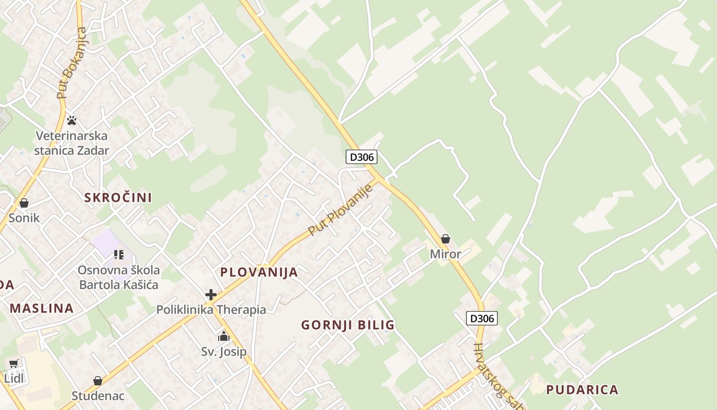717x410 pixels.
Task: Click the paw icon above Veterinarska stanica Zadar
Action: coord(72,120)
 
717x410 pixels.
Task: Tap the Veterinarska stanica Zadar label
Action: coord(72,143)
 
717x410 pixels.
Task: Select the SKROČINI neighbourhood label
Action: coord(118,198)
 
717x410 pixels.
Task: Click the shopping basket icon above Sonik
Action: coord(24,203)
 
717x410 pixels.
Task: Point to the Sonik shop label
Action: coord(24,218)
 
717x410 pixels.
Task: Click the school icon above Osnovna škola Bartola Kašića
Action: coord(119,254)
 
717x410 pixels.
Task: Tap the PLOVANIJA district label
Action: coord(259,272)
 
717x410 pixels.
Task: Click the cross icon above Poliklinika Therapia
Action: coord(210,295)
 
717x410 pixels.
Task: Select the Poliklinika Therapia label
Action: coord(211,310)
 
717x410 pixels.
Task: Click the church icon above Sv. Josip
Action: coord(224,337)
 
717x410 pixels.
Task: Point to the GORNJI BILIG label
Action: coord(348,325)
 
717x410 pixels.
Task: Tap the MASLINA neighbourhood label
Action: coord(42,309)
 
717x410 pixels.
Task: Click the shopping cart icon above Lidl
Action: coord(13,364)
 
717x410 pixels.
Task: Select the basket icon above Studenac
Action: coord(98,381)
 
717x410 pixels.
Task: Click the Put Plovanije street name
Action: coord(341,210)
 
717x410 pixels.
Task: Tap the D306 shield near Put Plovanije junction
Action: coord(361,157)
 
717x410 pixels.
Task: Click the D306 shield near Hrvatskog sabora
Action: coord(482,318)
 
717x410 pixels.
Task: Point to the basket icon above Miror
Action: coord(446,239)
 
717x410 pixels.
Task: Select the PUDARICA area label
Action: coord(582,389)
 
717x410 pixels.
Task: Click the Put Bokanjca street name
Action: coord(72,63)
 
